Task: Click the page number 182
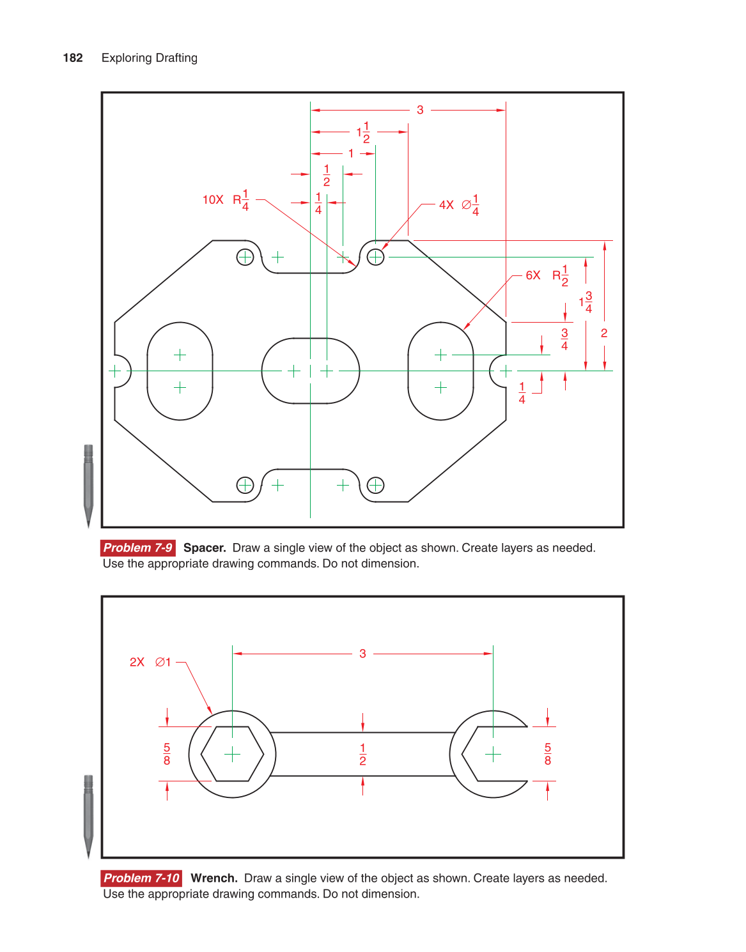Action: click(x=73, y=58)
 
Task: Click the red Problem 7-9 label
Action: click(x=137, y=548)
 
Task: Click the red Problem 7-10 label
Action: click(x=141, y=878)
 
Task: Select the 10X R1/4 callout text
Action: click(x=226, y=199)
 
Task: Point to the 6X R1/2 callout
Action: click(x=547, y=275)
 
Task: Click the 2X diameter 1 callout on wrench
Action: click(x=150, y=662)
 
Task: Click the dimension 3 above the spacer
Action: click(x=420, y=110)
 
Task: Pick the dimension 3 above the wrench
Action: click(x=362, y=654)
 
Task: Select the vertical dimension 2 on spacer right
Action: click(x=603, y=333)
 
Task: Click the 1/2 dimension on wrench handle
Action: click(x=362, y=754)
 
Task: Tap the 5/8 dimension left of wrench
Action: click(x=167, y=754)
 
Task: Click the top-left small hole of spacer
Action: click(x=245, y=257)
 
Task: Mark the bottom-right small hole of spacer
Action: click(x=375, y=485)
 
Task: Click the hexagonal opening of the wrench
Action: click(x=232, y=754)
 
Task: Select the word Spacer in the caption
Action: click(x=205, y=548)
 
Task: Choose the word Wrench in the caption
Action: click(x=214, y=878)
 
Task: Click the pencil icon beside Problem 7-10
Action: click(x=88, y=815)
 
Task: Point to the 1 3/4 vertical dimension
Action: click(x=586, y=302)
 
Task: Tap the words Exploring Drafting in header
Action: click(x=149, y=58)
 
